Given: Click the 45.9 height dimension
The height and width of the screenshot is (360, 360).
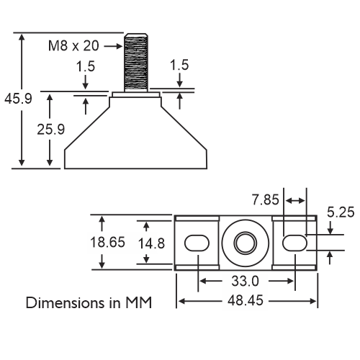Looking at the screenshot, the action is pyautogui.click(x=18, y=99).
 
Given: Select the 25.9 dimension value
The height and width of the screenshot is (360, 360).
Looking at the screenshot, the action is pyautogui.click(x=51, y=130).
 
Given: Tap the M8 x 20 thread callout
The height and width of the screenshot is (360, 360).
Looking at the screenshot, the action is pyautogui.click(x=73, y=45).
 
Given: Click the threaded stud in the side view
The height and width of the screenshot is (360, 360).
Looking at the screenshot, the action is pyautogui.click(x=136, y=63).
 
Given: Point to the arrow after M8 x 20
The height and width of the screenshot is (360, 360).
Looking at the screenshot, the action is pyautogui.click(x=113, y=46).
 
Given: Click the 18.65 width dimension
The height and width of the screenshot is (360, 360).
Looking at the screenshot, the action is pyautogui.click(x=107, y=242).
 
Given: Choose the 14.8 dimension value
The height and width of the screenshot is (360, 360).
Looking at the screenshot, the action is pyautogui.click(x=151, y=243).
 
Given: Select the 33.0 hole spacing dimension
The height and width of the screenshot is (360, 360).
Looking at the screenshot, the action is pyautogui.click(x=245, y=281).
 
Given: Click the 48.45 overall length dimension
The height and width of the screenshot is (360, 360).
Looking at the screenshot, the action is pyautogui.click(x=246, y=300).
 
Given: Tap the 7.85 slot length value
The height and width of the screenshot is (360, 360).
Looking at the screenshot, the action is pyautogui.click(x=266, y=199).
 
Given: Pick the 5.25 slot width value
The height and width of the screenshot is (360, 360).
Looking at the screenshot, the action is pyautogui.click(x=341, y=212).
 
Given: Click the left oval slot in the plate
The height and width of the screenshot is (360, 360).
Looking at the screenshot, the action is pyautogui.click(x=197, y=243).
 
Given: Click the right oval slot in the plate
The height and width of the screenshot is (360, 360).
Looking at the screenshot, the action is pyautogui.click(x=294, y=243).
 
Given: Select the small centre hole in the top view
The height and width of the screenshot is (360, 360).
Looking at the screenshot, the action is pyautogui.click(x=246, y=243).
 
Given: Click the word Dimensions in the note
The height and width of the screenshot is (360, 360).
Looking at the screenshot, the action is pyautogui.click(x=66, y=303).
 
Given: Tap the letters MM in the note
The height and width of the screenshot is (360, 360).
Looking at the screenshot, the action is pyautogui.click(x=139, y=303).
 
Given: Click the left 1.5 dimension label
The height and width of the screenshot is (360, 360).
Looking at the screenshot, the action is pyautogui.click(x=86, y=66).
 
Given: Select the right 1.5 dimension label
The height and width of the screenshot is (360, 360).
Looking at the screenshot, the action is pyautogui.click(x=179, y=65).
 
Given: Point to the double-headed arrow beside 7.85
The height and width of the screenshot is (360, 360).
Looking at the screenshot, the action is pyautogui.click(x=296, y=201).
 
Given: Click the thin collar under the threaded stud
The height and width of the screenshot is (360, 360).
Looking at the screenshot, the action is pyautogui.click(x=136, y=94).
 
